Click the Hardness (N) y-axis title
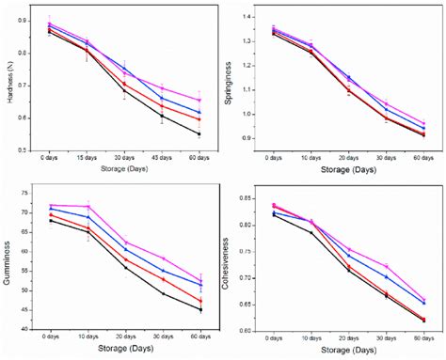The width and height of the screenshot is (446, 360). pyautogui.click(x=11, y=82)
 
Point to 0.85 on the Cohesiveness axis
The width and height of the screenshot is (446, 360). pyautogui.click(x=254, y=198)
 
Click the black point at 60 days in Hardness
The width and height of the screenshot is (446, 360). pyautogui.click(x=199, y=134)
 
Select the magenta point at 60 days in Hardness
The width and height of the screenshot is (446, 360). pyautogui.click(x=199, y=100)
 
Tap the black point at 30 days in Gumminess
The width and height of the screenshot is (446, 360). pyautogui.click(x=163, y=293)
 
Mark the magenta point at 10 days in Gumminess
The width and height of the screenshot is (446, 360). pyautogui.click(x=88, y=206)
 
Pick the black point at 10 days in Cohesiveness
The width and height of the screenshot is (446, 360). pyautogui.click(x=311, y=232)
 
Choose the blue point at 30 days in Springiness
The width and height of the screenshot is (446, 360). pyautogui.click(x=386, y=109)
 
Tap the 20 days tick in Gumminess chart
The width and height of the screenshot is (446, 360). pyautogui.click(x=125, y=336)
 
